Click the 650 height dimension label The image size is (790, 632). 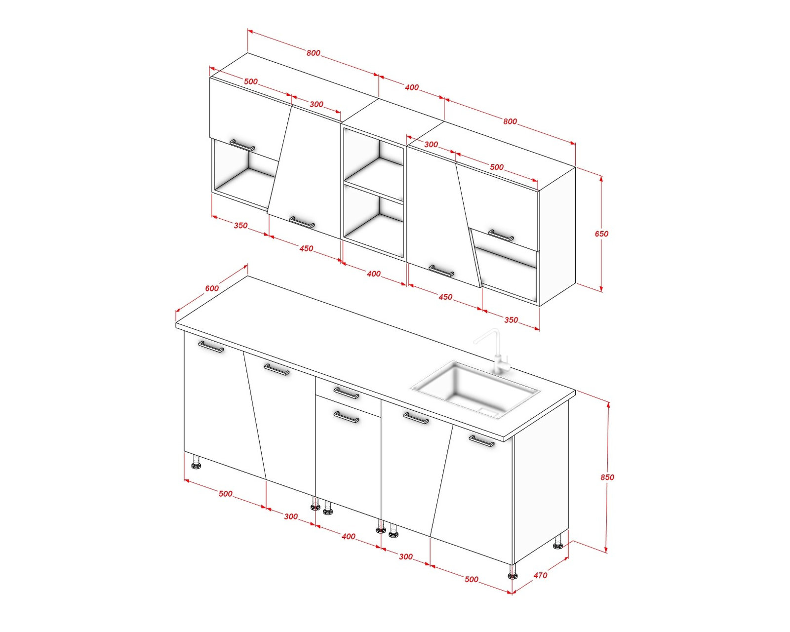[601, 234]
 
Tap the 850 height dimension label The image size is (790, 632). [607, 477]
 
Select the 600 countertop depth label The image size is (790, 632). [212, 288]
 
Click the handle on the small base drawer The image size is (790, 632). [346, 393]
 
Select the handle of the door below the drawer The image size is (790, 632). [346, 417]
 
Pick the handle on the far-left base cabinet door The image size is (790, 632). [211, 346]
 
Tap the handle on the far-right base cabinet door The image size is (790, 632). [481, 441]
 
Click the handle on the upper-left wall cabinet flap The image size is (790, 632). [242, 145]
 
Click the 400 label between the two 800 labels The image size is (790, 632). [411, 87]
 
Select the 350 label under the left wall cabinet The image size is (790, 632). [240, 225]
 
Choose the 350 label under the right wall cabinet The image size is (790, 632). [511, 320]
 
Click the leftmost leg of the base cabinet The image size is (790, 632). [196, 462]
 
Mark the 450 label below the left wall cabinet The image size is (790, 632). [306, 248]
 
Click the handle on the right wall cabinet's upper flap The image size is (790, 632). [501, 236]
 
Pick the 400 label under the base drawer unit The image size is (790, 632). [348, 536]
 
